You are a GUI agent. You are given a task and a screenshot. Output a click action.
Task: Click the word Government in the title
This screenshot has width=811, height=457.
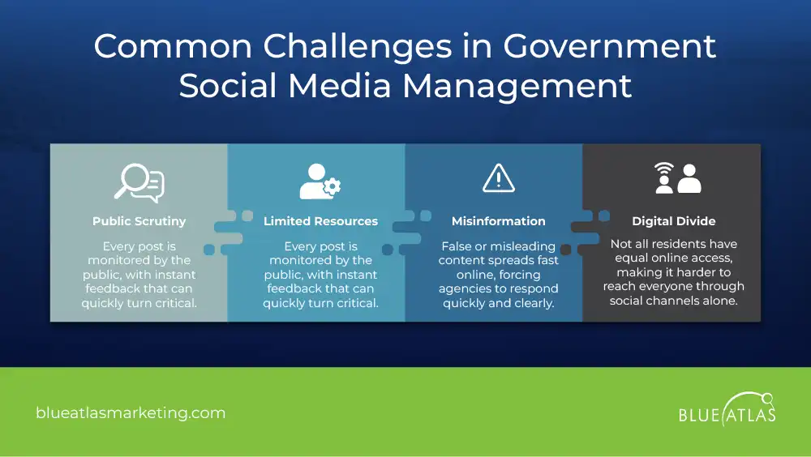point(610,47)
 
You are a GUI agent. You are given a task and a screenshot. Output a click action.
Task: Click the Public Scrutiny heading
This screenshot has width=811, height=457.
point(139,221)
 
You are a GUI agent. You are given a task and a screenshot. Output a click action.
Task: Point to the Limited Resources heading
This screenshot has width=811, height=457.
point(320,221)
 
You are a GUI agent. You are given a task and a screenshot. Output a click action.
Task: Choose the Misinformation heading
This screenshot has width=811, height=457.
point(498,221)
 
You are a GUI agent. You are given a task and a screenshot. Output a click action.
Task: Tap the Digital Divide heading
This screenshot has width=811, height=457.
point(674,221)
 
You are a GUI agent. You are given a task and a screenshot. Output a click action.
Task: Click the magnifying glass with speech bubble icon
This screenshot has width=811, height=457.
point(139,182)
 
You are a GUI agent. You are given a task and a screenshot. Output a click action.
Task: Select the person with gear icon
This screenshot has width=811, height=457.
point(320,182)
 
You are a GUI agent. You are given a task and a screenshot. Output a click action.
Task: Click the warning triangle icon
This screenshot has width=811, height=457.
point(498,178)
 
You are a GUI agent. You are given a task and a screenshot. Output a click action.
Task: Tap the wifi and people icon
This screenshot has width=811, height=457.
point(677,178)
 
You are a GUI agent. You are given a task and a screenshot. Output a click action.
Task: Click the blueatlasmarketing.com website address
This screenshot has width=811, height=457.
point(131,413)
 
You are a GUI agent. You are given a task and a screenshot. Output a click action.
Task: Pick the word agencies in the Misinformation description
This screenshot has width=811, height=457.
point(466,289)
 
